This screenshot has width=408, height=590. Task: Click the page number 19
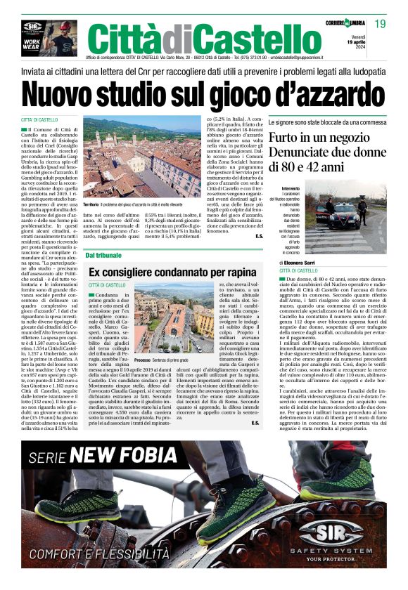[x=380, y=24]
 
